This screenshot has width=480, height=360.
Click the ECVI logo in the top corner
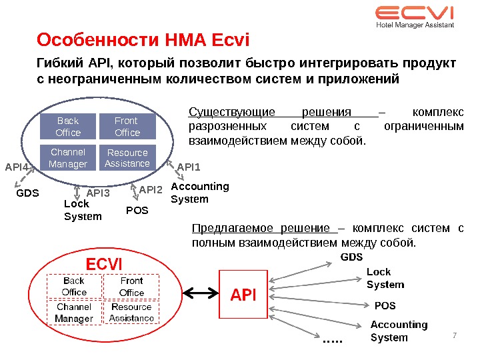414,17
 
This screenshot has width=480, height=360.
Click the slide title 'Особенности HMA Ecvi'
143,41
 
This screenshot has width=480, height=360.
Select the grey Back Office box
68,126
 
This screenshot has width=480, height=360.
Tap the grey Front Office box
127,126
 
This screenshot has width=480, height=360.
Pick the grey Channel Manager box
68,158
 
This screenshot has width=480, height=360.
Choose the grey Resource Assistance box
127,158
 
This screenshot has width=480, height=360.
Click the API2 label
151,190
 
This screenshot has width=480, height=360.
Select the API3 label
98,193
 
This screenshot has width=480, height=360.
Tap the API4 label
17,167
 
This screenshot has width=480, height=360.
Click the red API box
243,293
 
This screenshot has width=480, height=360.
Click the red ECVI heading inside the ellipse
105,264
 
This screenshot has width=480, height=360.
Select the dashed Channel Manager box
74,313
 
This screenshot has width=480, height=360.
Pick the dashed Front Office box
132,287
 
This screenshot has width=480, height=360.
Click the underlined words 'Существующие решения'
270,112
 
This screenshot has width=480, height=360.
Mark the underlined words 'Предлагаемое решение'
261,229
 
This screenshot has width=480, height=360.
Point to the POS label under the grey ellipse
137,210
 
